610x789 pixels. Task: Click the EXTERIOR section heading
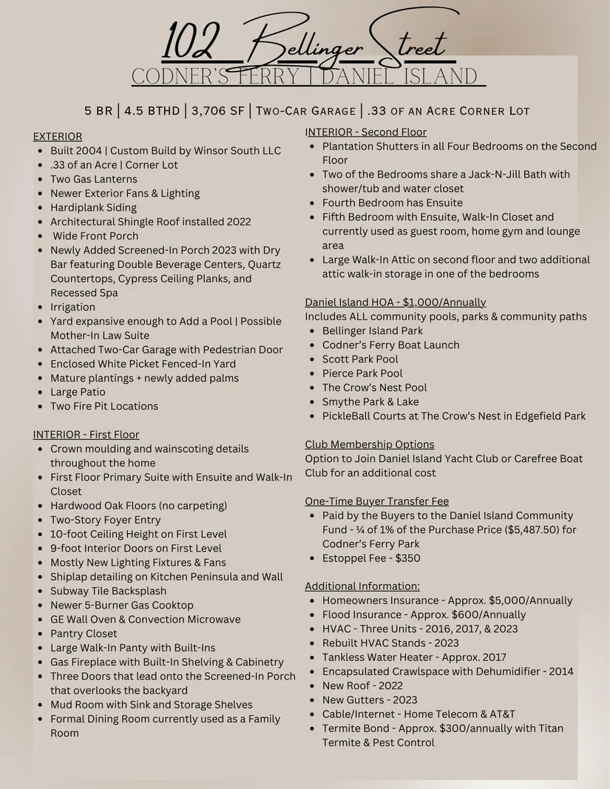coord(58,137)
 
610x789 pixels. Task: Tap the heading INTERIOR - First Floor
coord(86,435)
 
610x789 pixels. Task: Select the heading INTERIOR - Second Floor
coord(366,132)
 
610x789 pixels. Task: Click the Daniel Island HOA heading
coord(396,302)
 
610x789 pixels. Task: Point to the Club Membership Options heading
coord(370,444)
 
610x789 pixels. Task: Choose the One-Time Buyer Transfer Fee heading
coord(377,501)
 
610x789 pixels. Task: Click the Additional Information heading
coord(362,586)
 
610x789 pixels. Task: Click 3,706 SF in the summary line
coord(217,111)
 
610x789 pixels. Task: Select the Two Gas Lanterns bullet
coord(94,179)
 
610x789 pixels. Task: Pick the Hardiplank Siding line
coord(93,208)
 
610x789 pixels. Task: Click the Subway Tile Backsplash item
coord(108,591)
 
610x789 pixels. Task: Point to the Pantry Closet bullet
coord(84,634)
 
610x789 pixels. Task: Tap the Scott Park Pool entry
coord(360,359)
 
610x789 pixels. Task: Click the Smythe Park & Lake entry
coord(370,402)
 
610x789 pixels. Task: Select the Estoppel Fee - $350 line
coord(371,558)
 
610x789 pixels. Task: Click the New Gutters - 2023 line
coord(370,700)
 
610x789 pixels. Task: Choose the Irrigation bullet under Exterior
coord(72,307)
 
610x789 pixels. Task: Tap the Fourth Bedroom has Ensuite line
coord(393,203)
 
